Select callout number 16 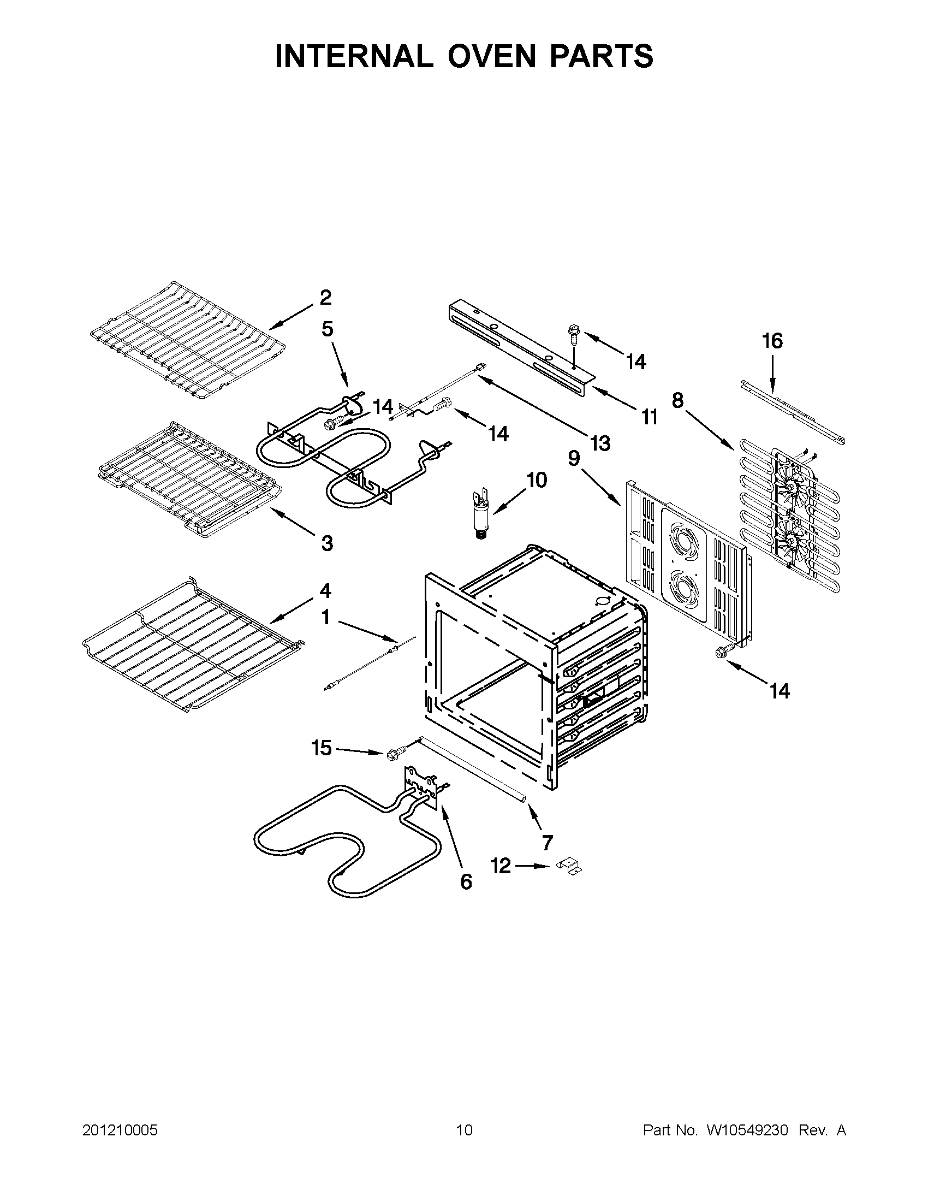coord(772,341)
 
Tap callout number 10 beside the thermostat coord(537,480)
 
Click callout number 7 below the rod coord(547,842)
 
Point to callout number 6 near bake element coord(466,881)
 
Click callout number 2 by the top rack coord(326,298)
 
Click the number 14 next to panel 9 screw coord(780,690)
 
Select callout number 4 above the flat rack coord(326,591)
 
